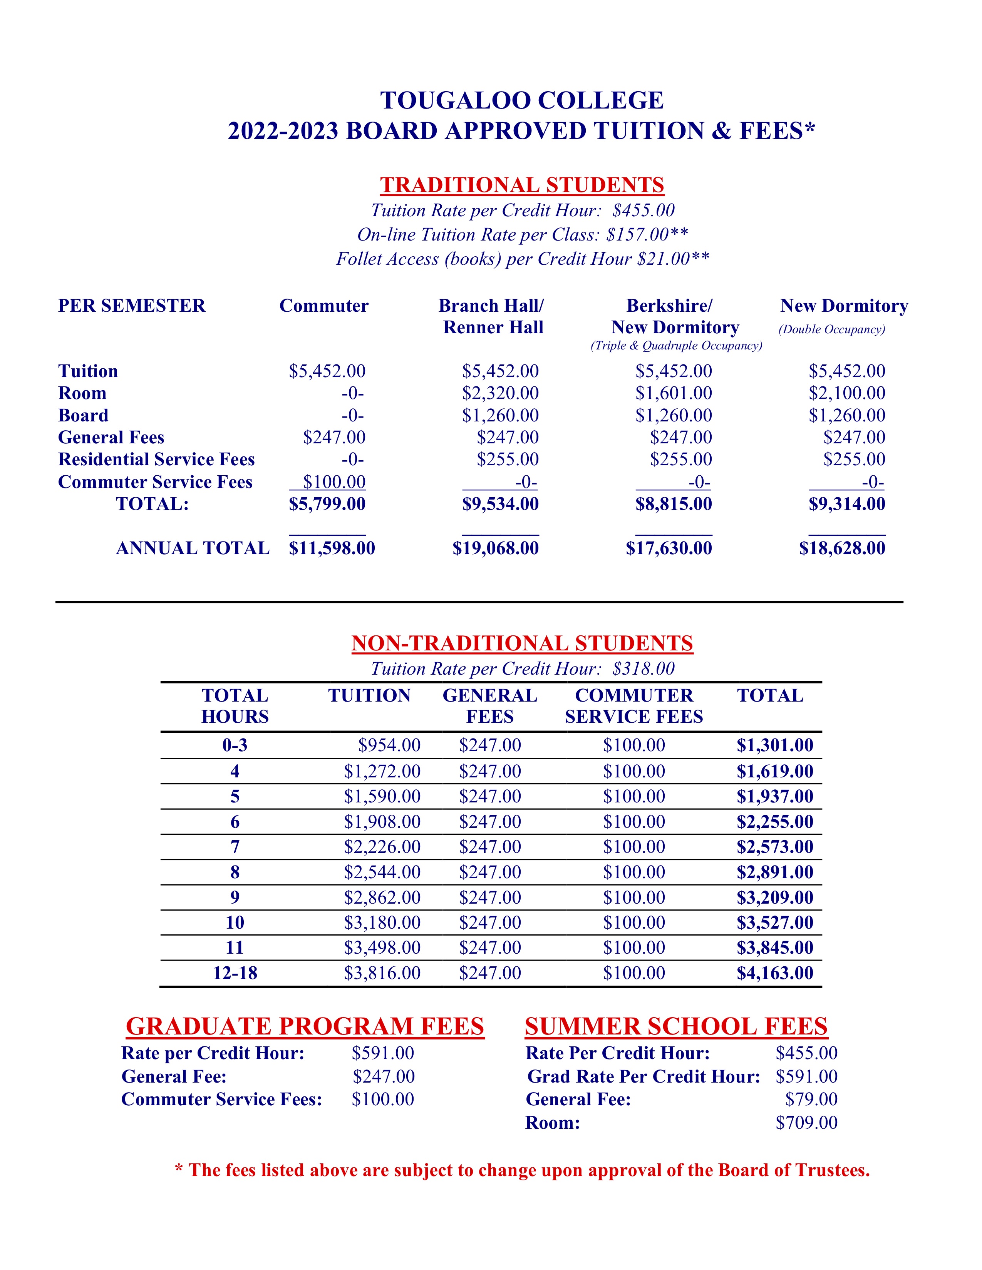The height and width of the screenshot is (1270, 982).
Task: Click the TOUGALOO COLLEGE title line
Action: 522,100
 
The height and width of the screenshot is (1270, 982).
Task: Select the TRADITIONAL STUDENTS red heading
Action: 522,185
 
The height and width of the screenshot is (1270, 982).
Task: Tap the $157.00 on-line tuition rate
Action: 637,235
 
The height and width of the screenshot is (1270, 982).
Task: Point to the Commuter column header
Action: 323,306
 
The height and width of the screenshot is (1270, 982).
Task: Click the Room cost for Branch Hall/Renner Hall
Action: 500,393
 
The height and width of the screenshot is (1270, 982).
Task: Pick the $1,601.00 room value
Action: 673,393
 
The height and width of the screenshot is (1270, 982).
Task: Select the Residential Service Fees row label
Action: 156,460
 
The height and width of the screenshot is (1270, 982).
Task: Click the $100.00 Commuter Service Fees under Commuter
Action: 334,482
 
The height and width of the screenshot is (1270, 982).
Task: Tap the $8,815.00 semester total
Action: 673,504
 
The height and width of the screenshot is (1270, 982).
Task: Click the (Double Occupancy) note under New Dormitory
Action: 832,330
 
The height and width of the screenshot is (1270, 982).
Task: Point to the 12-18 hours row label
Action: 235,973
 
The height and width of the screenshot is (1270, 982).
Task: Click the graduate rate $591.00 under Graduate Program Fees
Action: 383,1053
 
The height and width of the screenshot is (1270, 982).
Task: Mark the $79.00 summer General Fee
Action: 811,1100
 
